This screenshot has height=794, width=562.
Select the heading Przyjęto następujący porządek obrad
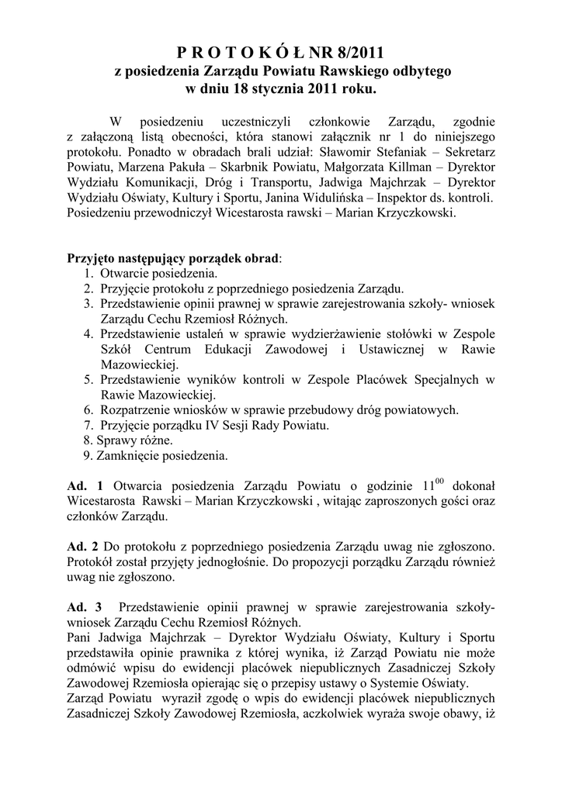coord(175,258)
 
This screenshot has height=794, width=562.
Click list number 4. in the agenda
coord(88,333)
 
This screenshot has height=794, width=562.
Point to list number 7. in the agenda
coord(88,425)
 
